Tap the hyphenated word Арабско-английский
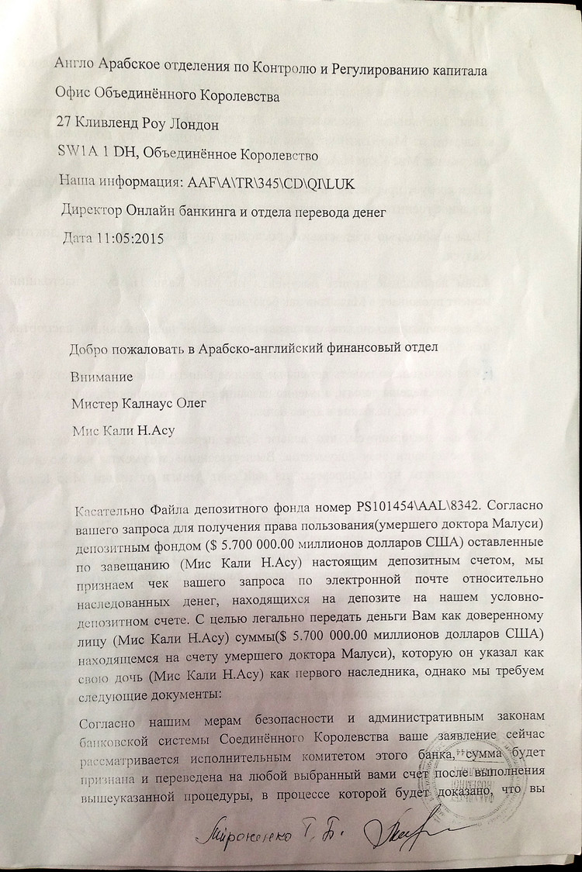pyautogui.click(x=268, y=348)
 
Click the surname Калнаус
pyautogui.click(x=149, y=403)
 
